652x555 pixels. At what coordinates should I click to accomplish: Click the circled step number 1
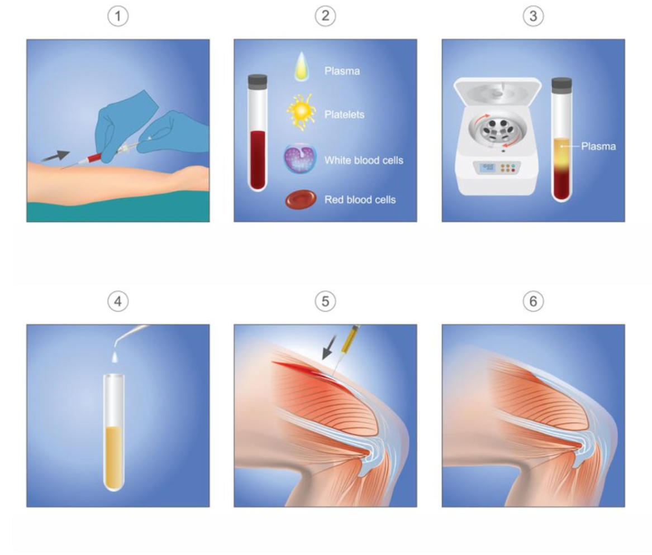point(118,17)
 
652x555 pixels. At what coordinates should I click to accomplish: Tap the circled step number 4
point(118,302)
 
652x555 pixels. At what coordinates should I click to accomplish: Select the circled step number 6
point(533,302)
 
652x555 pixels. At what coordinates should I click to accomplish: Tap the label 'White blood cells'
point(364,160)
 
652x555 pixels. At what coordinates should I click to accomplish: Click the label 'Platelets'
point(344,114)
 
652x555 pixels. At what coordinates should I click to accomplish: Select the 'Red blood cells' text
point(360,199)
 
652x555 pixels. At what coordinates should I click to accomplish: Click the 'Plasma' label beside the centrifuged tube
point(598,146)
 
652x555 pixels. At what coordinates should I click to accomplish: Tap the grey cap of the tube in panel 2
point(258,80)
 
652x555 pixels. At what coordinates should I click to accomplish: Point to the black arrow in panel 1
point(56,156)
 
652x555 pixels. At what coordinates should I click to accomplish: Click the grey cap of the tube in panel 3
point(561,84)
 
